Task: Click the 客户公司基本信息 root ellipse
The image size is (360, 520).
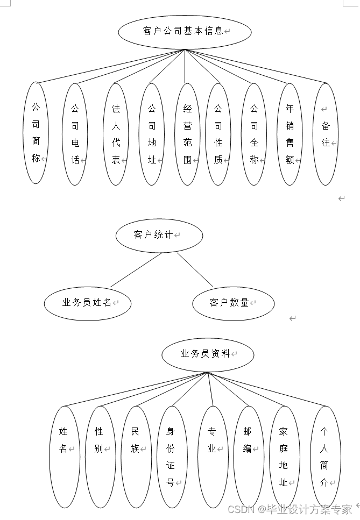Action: (x=185, y=32)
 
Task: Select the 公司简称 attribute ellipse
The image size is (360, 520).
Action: (x=36, y=133)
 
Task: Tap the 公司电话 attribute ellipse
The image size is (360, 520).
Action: (x=75, y=134)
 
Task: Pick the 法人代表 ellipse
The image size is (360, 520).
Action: (x=116, y=134)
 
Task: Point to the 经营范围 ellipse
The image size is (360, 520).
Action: (x=187, y=134)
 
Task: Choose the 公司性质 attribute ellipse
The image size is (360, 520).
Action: (x=218, y=134)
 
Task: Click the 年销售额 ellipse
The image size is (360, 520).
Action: (x=290, y=134)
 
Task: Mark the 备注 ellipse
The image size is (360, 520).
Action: (x=326, y=134)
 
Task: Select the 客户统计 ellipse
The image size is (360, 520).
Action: (x=159, y=235)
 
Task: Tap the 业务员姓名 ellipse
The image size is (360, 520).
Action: (x=88, y=303)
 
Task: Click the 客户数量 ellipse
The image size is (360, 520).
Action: (x=233, y=303)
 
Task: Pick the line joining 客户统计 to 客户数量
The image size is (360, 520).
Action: (x=195, y=270)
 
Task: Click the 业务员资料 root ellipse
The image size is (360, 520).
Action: (x=207, y=354)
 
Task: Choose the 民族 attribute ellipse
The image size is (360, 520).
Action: (x=135, y=457)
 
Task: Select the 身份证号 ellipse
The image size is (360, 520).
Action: (x=171, y=457)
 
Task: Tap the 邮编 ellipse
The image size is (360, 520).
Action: (x=248, y=457)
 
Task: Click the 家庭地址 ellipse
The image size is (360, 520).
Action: (x=284, y=457)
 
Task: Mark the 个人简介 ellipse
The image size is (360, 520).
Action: (x=324, y=457)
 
